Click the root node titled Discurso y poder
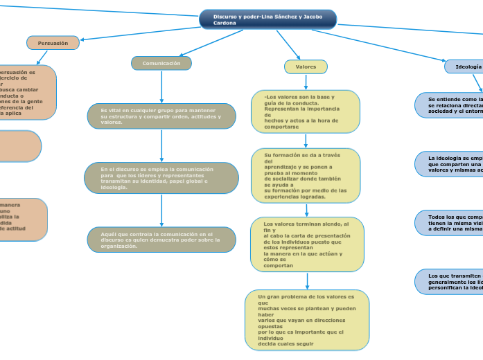(x=267, y=19)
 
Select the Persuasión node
(x=53, y=43)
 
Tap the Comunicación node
(x=161, y=63)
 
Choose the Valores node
(x=306, y=66)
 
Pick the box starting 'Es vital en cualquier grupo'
(x=161, y=116)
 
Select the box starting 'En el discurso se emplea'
(x=161, y=178)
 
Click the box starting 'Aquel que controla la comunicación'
(x=161, y=240)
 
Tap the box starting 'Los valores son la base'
(x=306, y=111)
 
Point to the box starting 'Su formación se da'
(x=306, y=175)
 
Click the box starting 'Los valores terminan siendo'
(x=307, y=244)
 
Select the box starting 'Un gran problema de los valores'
(x=307, y=320)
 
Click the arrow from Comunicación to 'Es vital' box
(x=161, y=87)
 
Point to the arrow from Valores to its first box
(x=306, y=82)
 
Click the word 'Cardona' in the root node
(x=225, y=24)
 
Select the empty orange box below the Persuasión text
(x=19, y=146)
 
